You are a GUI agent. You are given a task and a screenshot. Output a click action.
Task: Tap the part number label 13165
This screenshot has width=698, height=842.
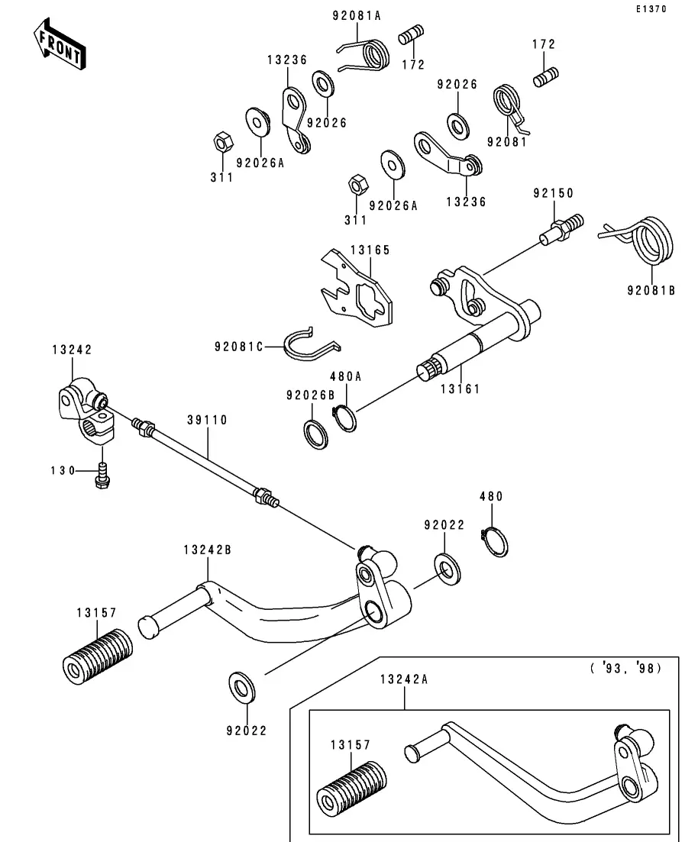point(370,250)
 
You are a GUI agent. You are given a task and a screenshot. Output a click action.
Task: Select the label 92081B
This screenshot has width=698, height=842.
point(651,290)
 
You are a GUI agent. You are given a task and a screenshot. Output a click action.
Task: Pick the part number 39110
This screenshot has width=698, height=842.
point(206,421)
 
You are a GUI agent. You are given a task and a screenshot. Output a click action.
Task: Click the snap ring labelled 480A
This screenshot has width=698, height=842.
point(344,418)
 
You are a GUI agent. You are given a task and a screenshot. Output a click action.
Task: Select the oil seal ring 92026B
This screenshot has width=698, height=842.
point(315,434)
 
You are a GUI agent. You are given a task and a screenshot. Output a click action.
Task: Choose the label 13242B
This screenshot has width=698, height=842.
point(207,550)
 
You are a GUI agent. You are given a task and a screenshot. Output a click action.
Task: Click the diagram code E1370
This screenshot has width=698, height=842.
point(651,10)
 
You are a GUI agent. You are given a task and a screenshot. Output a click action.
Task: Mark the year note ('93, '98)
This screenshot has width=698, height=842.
point(625,668)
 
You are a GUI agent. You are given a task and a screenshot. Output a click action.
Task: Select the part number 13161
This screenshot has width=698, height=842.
point(460,389)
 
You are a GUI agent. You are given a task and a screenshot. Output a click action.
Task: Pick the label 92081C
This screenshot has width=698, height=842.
point(238,347)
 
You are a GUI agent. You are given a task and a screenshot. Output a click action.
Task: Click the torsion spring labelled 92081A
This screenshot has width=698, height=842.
point(368,55)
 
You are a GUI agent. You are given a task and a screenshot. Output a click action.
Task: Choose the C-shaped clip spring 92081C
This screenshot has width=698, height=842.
point(309,346)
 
